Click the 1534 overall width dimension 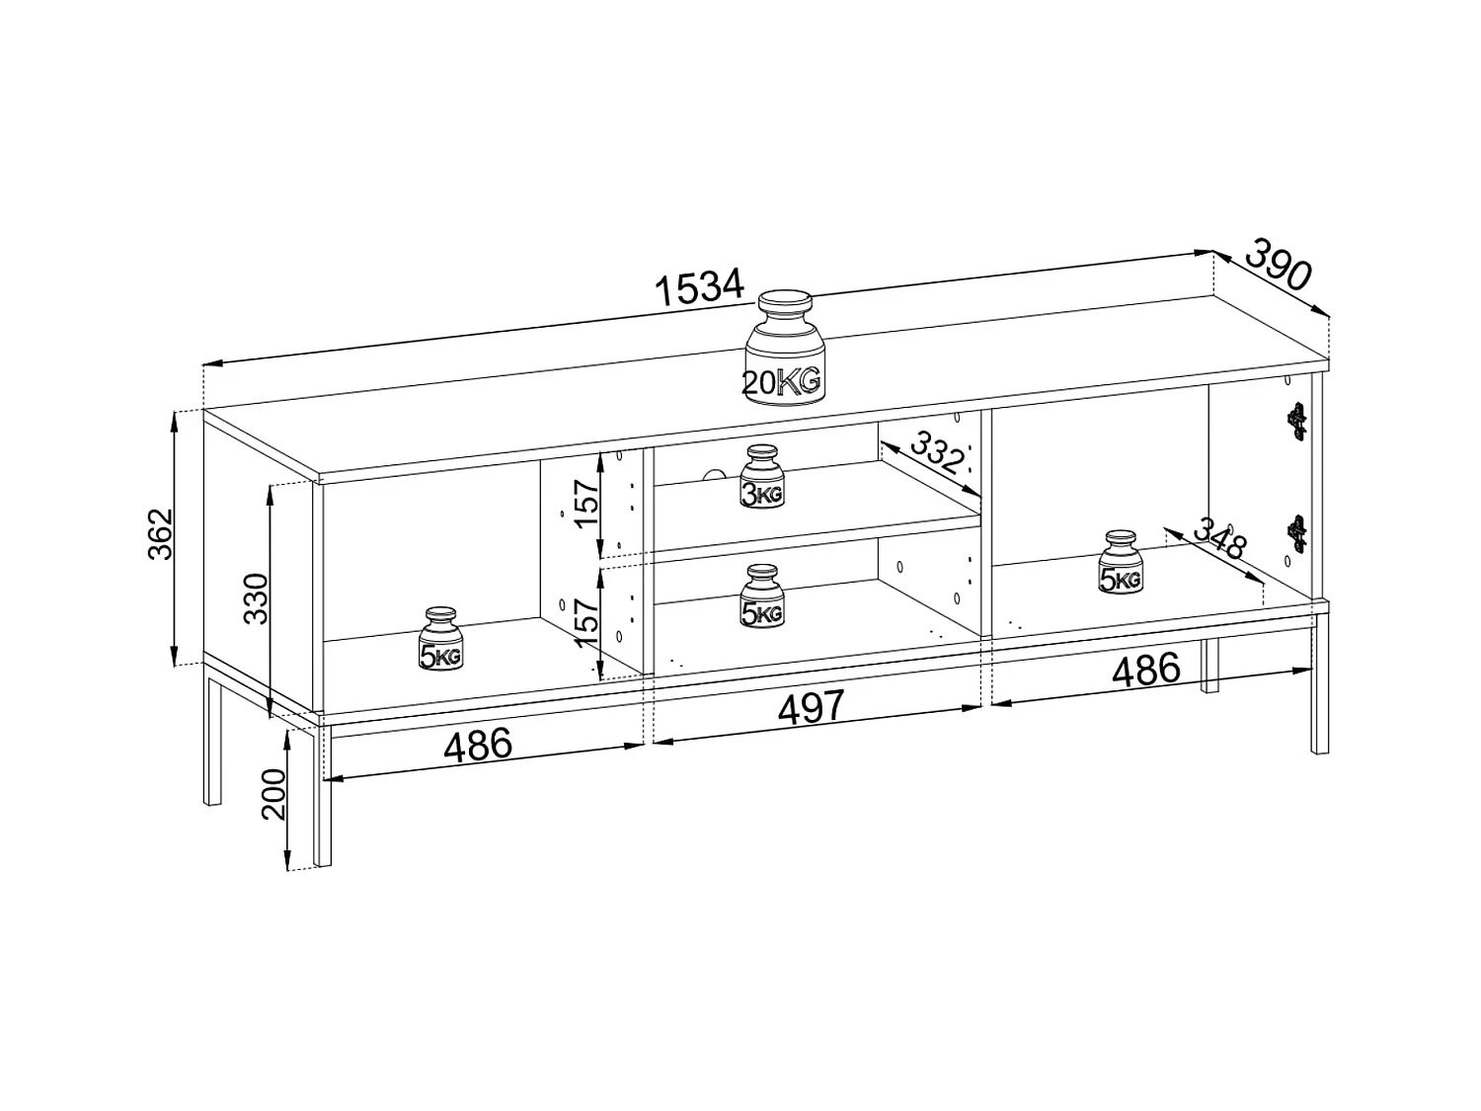pos(699,287)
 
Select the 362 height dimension pos(161,533)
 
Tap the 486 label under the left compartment pos(478,746)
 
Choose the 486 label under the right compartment pos(1145,671)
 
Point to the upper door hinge pos(1297,420)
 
